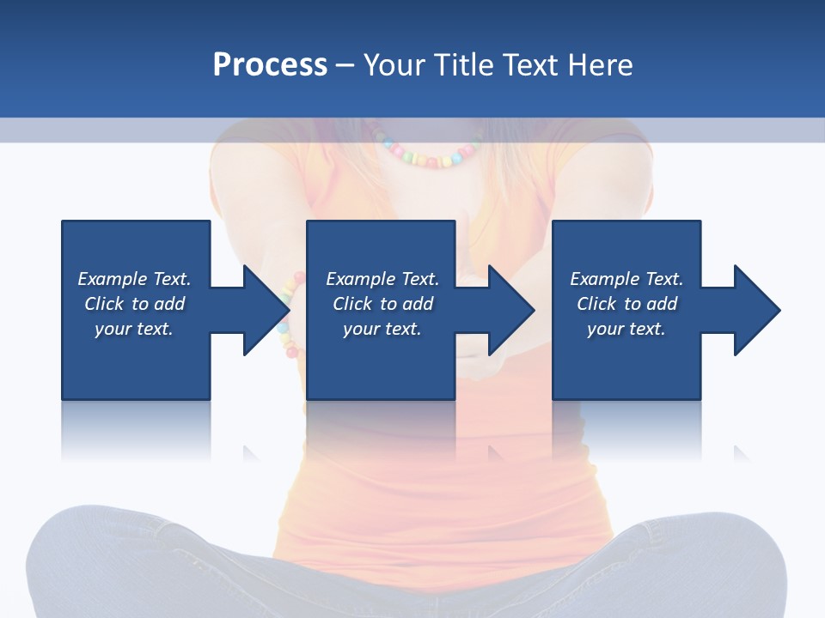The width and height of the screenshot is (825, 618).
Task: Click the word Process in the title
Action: pyautogui.click(x=270, y=65)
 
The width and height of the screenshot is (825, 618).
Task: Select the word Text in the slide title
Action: pyautogui.click(x=533, y=65)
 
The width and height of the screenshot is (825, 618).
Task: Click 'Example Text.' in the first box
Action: pyautogui.click(x=134, y=279)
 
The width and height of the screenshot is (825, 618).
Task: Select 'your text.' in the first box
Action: pyautogui.click(x=134, y=329)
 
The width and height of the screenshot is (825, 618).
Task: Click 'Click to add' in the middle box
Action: pyautogui.click(x=382, y=304)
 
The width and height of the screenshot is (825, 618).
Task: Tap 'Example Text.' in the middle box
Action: pyautogui.click(x=382, y=279)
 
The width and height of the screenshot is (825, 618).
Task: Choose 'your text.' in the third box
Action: pyautogui.click(x=626, y=329)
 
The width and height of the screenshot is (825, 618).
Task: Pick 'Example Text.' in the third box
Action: pyautogui.click(x=626, y=279)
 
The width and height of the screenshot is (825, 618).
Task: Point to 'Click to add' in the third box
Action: pyautogui.click(x=626, y=304)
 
